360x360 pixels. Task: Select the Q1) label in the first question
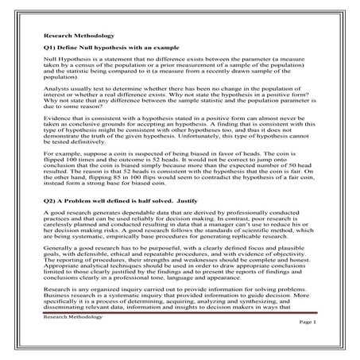50,50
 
